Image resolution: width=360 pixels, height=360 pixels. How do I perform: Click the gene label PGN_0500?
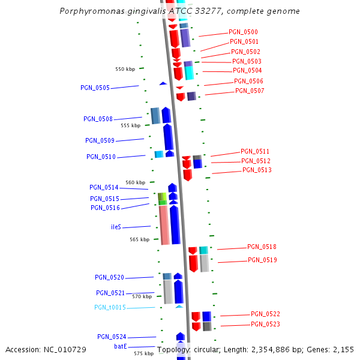coord(243,32)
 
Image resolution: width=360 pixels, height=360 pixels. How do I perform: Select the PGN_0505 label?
coord(95,88)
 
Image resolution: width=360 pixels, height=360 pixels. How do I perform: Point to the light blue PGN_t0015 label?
coord(110,307)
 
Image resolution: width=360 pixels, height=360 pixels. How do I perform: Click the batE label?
coord(120,346)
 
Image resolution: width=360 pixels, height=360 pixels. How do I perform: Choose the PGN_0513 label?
coord(257,170)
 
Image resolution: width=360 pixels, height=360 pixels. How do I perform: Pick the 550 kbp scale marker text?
coord(125,69)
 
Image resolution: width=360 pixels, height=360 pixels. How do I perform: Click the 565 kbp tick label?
coord(140,239)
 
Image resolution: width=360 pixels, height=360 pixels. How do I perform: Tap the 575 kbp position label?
coord(143,353)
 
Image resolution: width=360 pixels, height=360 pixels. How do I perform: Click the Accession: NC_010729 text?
coord(46,349)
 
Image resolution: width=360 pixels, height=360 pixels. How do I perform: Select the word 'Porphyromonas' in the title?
coord(89,11)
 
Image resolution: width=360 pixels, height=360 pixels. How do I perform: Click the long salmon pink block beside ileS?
coord(163,225)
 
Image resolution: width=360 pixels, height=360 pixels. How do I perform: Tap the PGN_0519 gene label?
coord(262,260)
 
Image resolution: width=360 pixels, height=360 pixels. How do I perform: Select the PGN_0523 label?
coord(266,324)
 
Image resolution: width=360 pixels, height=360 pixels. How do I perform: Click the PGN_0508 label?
coord(98,119)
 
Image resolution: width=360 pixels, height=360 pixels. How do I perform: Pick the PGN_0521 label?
coord(110,293)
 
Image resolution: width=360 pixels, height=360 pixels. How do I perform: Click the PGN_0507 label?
coord(250,91)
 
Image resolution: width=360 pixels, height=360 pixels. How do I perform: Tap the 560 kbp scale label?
coord(135,182)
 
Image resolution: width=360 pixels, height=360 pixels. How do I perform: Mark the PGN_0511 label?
coord(255,151)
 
